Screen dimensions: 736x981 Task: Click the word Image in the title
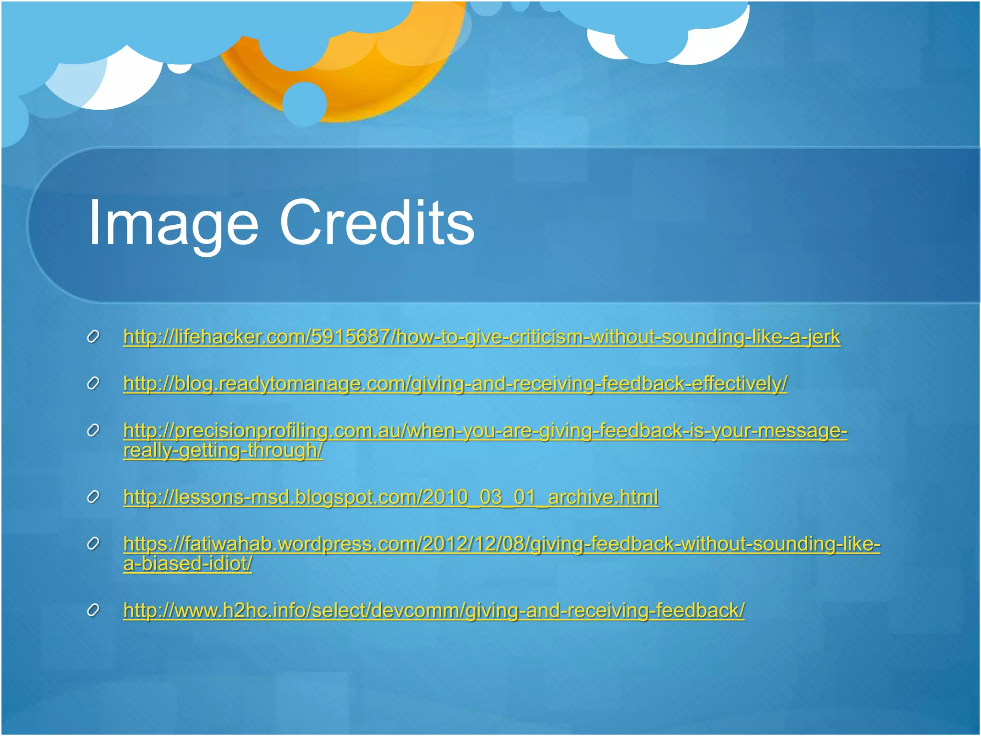[173, 224]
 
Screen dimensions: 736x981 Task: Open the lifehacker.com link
[481, 337]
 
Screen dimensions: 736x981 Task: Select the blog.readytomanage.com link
[455, 383]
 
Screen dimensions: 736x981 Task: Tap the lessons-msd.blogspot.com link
[390, 497]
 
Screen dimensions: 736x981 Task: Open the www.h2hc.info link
[433, 610]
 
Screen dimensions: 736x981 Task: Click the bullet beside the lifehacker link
[93, 337]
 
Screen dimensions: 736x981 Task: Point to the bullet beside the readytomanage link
[93, 384]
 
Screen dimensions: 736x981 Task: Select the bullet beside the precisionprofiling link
[93, 431]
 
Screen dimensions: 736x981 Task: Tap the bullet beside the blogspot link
[93, 497]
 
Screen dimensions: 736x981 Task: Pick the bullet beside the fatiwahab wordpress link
[93, 544]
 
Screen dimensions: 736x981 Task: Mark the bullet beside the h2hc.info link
[93, 610]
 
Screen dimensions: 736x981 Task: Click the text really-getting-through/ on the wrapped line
[223, 450]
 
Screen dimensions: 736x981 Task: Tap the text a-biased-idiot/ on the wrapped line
[187, 564]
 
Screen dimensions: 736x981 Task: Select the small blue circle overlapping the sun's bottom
[305, 103]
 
